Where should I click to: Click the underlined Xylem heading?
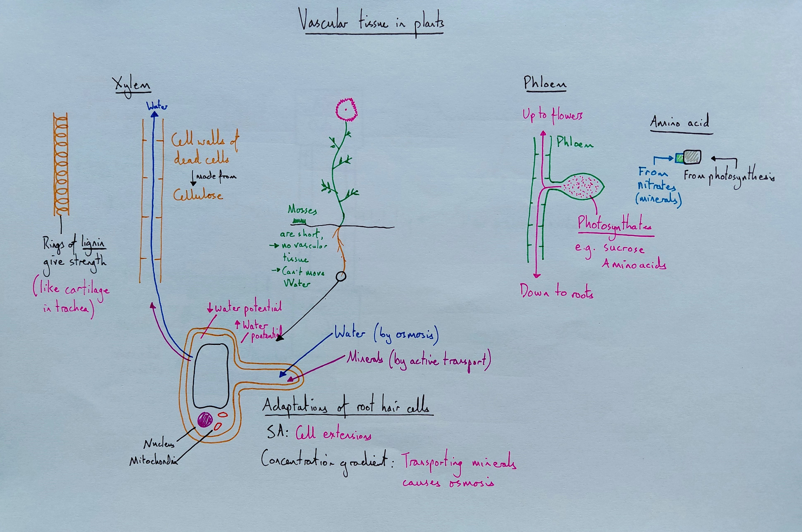132,85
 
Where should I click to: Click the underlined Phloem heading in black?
545,83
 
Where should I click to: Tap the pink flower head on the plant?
346,109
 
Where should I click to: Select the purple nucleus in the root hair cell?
205,420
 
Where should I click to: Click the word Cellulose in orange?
198,195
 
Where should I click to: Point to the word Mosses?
302,210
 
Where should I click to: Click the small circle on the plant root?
341,276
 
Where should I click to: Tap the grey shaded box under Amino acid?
692,157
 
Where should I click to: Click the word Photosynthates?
614,225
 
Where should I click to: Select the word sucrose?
624,248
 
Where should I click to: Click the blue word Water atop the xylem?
157,106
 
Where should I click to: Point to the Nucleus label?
159,444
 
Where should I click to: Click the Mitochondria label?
153,461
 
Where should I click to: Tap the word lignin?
93,243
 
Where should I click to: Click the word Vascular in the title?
323,22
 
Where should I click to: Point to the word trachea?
72,308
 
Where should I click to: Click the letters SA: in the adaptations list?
277,432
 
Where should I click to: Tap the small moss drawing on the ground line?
299,221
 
